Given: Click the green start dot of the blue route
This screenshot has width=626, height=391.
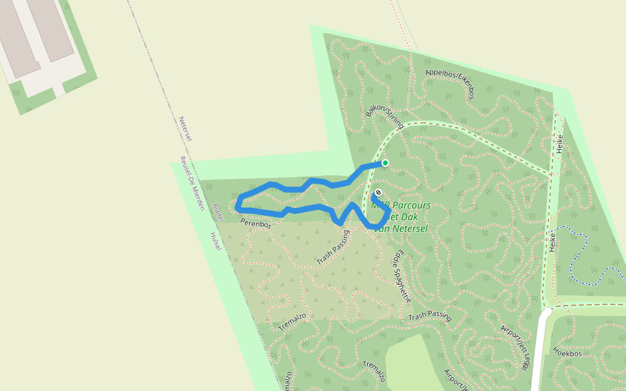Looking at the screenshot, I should pyautogui.click(x=385, y=163).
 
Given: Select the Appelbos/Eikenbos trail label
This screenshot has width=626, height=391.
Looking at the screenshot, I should pyautogui.click(x=449, y=83).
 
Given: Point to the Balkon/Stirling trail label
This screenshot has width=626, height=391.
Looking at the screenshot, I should pyautogui.click(x=385, y=117).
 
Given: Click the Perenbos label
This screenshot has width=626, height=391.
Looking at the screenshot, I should pyautogui.click(x=255, y=224).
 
